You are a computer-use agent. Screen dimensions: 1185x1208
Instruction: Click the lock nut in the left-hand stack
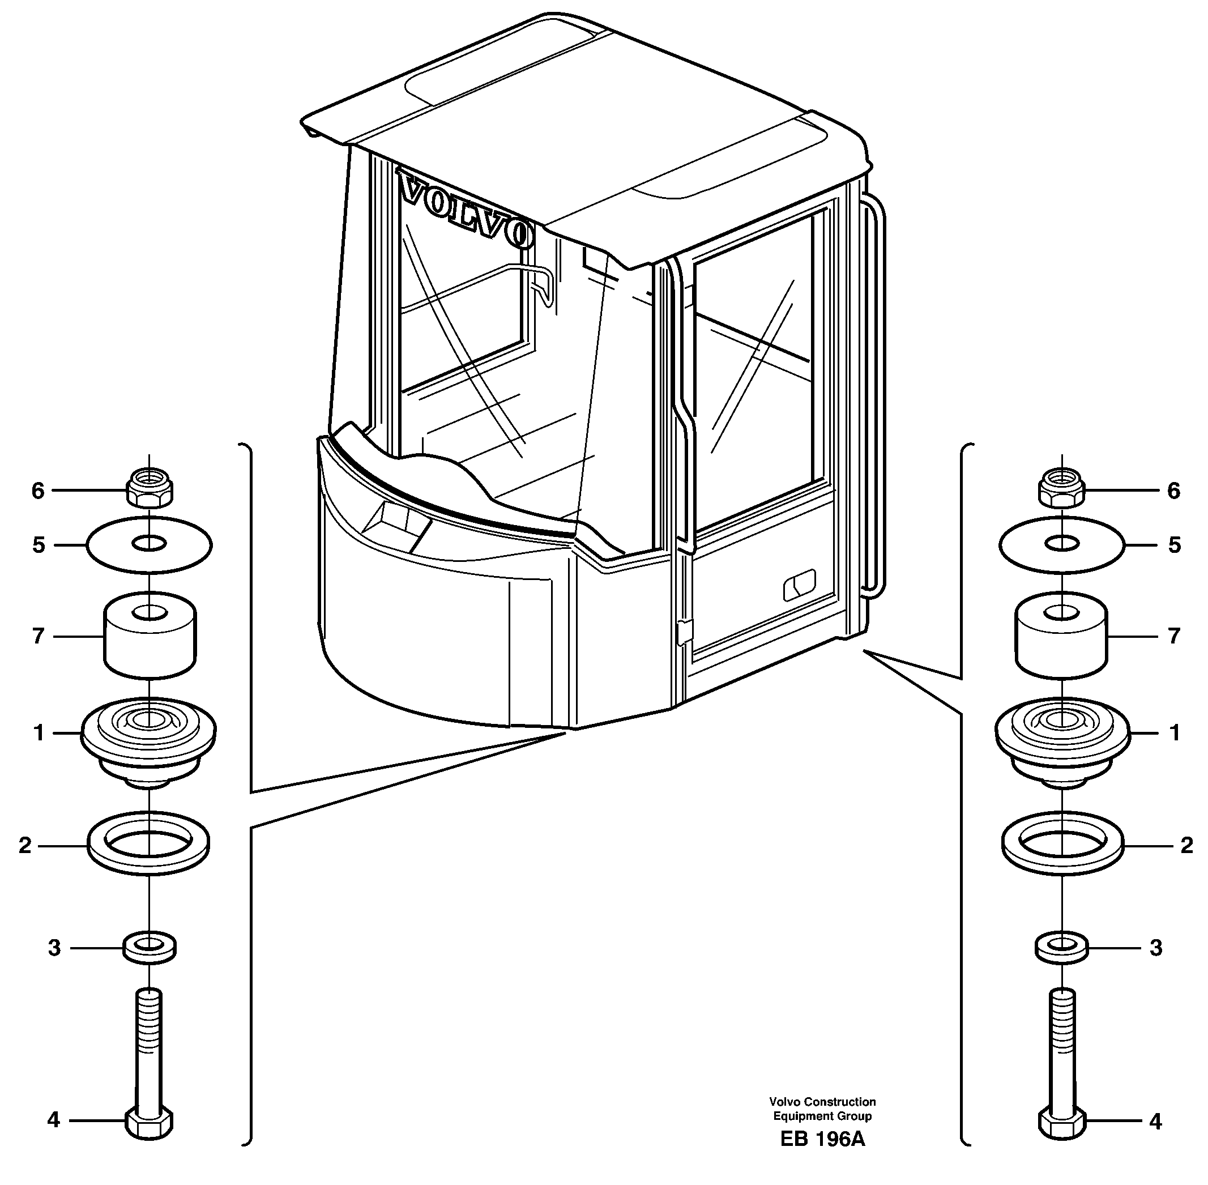tap(150, 489)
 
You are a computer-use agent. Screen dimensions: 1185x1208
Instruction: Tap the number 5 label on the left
tap(39, 545)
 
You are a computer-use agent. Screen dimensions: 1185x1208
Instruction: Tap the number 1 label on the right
tap(1175, 733)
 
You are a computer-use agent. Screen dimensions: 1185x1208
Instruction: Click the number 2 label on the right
tap(1187, 845)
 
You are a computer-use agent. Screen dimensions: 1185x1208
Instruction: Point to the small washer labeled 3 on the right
tap(1062, 948)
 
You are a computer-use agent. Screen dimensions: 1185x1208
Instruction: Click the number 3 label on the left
tap(54, 948)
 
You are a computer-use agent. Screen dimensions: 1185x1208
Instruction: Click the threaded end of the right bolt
tap(1062, 1015)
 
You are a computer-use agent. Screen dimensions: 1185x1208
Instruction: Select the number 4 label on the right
tap(1156, 1122)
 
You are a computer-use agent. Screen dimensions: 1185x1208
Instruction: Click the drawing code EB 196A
tap(822, 1156)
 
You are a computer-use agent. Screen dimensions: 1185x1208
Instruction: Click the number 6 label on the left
tap(39, 491)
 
